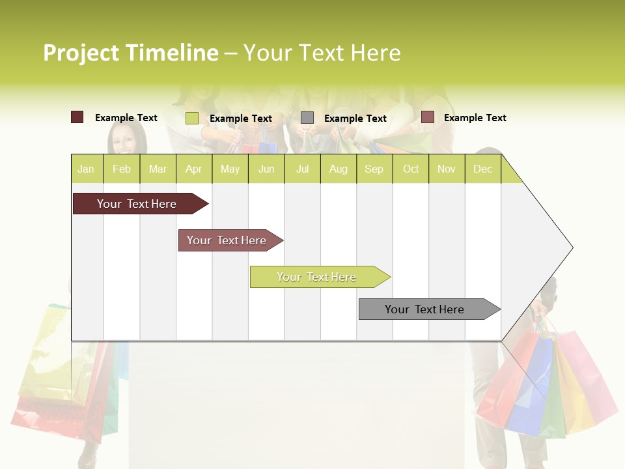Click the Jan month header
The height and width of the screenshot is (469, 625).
click(x=87, y=169)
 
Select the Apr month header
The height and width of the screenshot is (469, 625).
click(x=194, y=169)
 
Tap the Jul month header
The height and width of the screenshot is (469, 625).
click(x=303, y=169)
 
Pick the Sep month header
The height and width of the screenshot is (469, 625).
click(x=374, y=169)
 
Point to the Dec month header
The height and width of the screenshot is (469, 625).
click(x=482, y=169)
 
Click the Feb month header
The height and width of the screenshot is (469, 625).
click(x=122, y=169)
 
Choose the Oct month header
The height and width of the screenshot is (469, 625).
click(x=411, y=169)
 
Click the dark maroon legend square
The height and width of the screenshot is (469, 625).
click(x=77, y=117)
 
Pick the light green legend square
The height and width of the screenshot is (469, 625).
click(x=192, y=118)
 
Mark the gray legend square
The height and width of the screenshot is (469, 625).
click(x=307, y=118)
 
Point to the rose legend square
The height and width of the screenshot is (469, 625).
click(x=427, y=117)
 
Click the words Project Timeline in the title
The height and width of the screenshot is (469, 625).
click(x=130, y=53)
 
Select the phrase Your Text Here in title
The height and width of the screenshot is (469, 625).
click(x=322, y=53)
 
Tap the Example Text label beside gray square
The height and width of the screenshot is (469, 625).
click(x=355, y=119)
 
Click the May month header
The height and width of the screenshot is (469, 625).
click(x=230, y=169)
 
